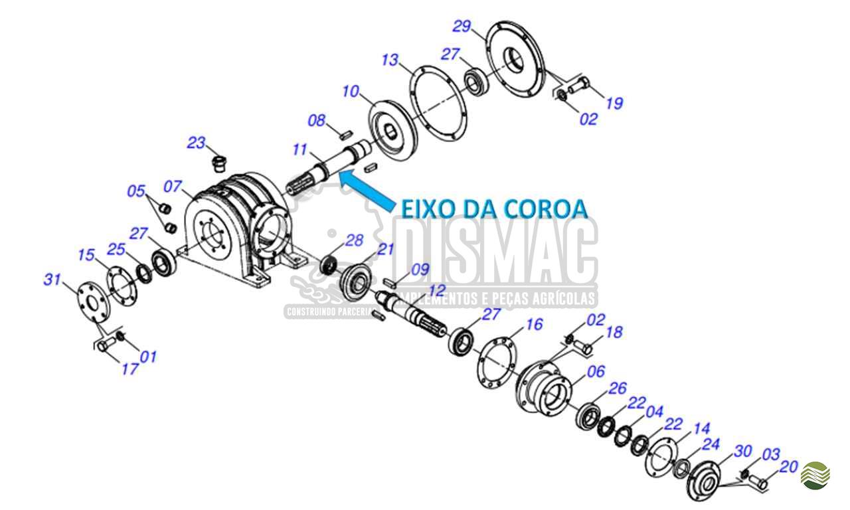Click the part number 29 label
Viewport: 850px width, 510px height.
pyautogui.click(x=462, y=27)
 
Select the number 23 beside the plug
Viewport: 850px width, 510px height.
pyautogui.click(x=197, y=143)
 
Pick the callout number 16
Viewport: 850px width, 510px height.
pyautogui.click(x=534, y=324)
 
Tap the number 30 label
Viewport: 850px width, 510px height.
pyautogui.click(x=742, y=452)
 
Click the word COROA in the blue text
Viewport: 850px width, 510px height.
pyautogui.click(x=547, y=208)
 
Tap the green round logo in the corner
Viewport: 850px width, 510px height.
pyautogui.click(x=815, y=475)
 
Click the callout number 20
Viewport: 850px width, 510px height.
pyautogui.click(x=788, y=467)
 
